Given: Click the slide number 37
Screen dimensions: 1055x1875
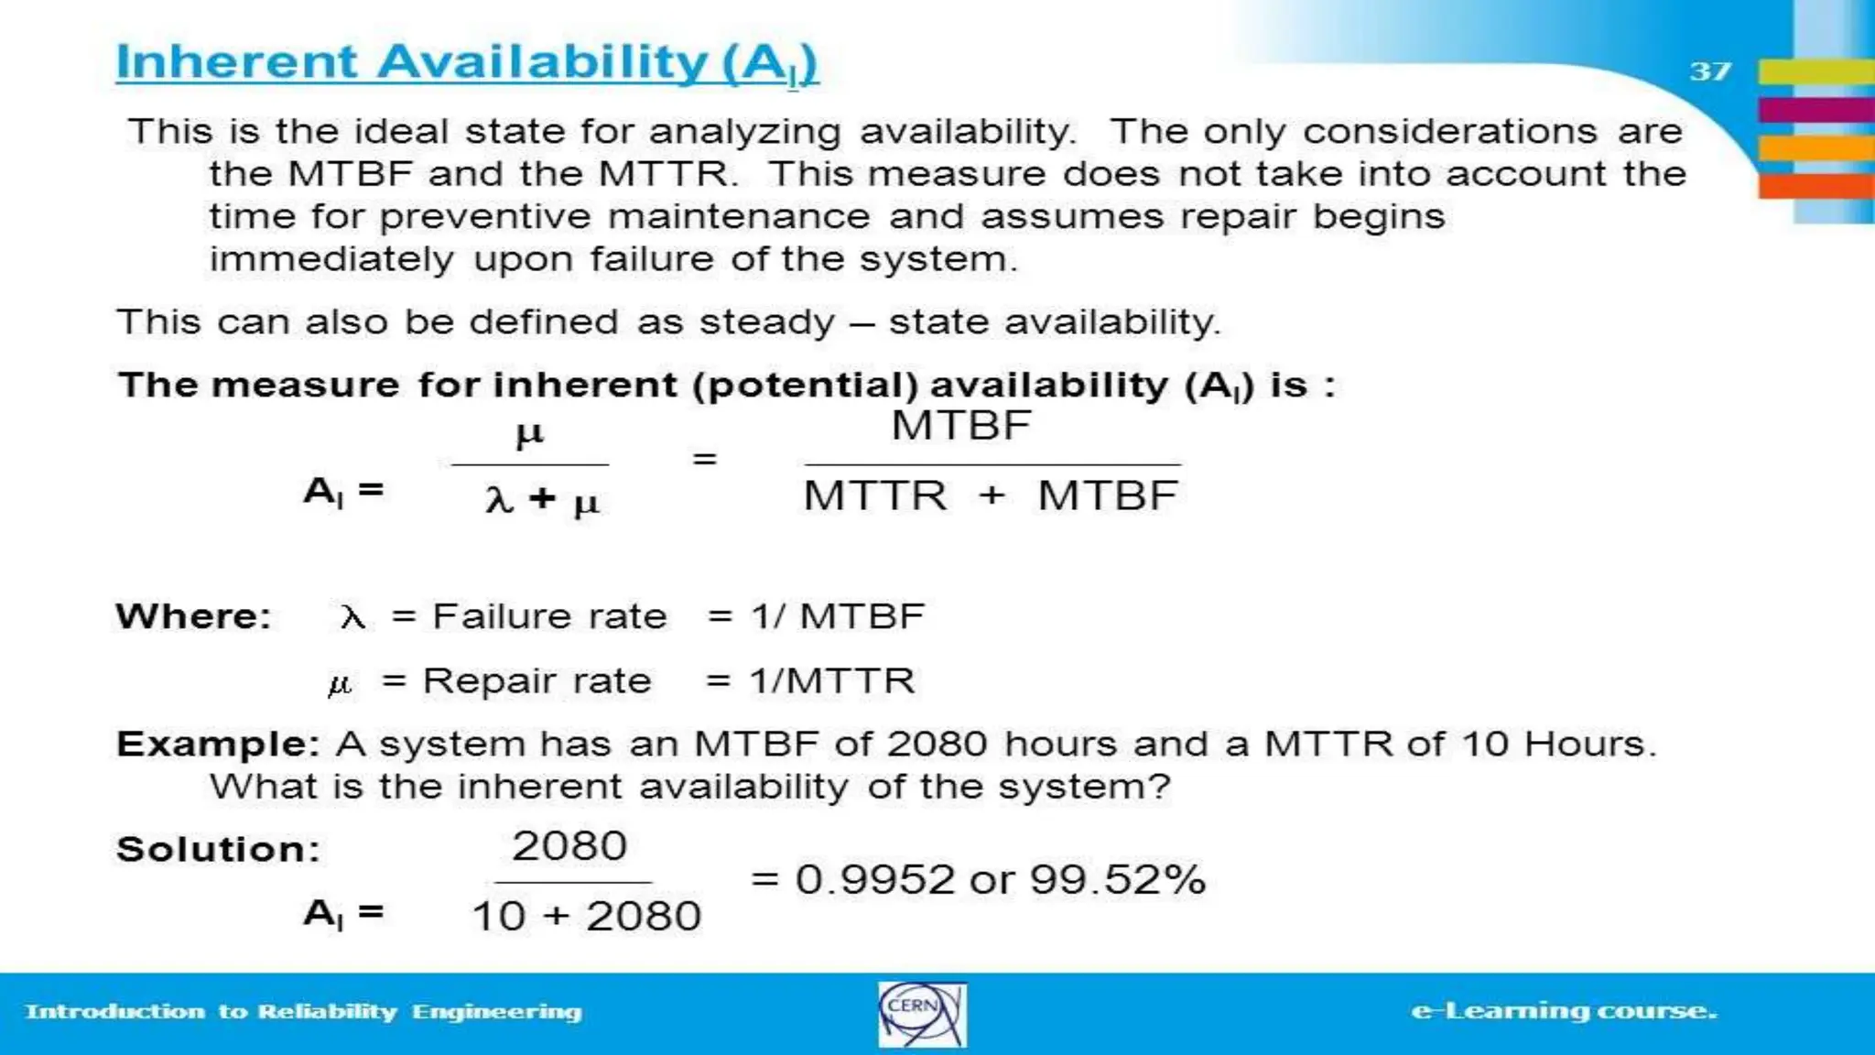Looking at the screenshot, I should pos(1709,71).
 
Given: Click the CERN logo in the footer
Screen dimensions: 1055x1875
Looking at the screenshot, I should pos(921,1014).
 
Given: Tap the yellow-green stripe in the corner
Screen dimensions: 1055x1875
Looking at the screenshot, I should pos(1815,71).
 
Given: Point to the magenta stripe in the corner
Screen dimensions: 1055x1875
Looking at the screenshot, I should pos(1815,110).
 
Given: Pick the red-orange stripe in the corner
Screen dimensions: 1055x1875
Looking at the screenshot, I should pos(1815,186).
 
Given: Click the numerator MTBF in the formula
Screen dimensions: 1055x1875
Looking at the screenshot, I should pos(961,426).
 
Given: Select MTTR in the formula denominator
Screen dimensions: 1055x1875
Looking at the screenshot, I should pos(875,495).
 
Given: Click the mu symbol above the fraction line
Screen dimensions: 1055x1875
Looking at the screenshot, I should pos(529,432).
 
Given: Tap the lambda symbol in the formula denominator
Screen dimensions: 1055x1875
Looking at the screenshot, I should pos(499,499).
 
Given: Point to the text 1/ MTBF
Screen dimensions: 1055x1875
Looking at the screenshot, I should pos(837,616).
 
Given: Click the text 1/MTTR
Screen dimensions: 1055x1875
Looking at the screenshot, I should pos(831,680).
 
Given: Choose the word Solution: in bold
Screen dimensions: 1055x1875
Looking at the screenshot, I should pos(218,849).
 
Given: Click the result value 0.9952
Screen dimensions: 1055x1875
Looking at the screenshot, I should pos(875,879).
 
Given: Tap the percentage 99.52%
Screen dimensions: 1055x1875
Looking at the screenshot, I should pos(1117,879).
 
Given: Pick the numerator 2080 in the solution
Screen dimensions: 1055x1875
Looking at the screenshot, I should pos(569,845).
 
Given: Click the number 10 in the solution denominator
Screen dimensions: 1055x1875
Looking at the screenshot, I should pos(499,916).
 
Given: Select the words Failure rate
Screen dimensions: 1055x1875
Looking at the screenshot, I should pos(549,616).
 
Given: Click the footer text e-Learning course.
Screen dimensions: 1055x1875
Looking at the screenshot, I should pos(1564,1011).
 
